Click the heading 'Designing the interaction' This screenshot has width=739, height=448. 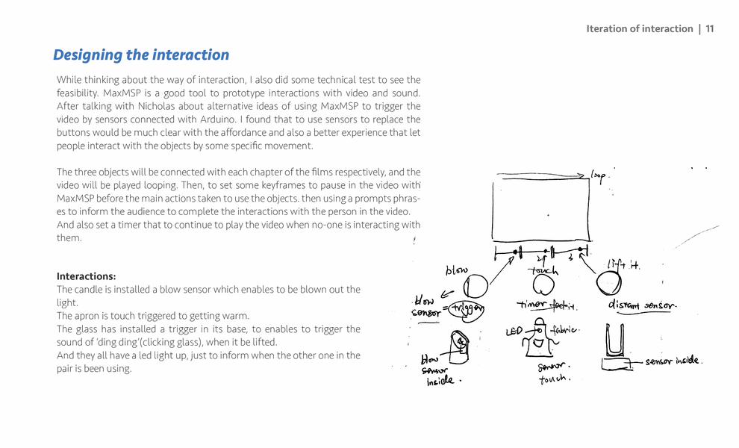[x=141, y=55]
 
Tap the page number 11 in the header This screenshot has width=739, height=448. [x=709, y=29]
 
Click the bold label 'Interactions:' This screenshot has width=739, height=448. [x=86, y=276]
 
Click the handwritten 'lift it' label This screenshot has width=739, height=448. [x=624, y=264]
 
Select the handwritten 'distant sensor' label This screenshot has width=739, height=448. [x=642, y=305]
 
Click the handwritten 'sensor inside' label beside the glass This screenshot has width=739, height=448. [x=673, y=361]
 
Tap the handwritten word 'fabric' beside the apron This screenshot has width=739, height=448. [x=565, y=329]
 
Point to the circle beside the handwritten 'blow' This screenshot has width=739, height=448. [x=477, y=285]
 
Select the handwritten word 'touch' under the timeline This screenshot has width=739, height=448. [x=543, y=270]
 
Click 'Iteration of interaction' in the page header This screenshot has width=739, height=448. [x=639, y=29]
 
